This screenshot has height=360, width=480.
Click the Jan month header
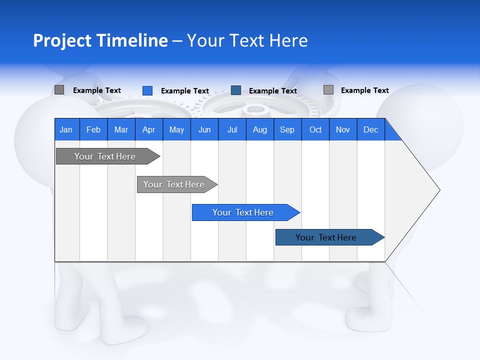pyautogui.click(x=66, y=129)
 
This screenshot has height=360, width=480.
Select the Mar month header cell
pyautogui.click(x=121, y=129)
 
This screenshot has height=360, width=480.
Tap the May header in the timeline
pyautogui.click(x=176, y=129)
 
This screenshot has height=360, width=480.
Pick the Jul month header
pyautogui.click(x=232, y=129)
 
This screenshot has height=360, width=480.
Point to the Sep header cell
pyautogui.click(x=287, y=129)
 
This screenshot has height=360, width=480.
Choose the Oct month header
pyautogui.click(x=315, y=129)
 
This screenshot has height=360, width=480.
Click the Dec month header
pyautogui.click(x=370, y=129)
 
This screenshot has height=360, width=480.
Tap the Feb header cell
pyautogui.click(x=93, y=129)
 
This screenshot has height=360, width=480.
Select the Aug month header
pyautogui.click(x=259, y=129)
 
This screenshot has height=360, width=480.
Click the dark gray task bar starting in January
pyautogui.click(x=105, y=156)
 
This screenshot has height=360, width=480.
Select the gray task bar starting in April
pyautogui.click(x=174, y=184)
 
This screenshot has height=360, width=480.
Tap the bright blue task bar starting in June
pyautogui.click(x=243, y=212)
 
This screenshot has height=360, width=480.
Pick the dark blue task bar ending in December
pyautogui.click(x=326, y=237)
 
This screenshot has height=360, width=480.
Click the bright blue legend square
pyautogui.click(x=147, y=90)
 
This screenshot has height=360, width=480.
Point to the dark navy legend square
pyautogui.click(x=236, y=90)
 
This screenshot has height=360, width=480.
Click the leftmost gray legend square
pyautogui.click(x=59, y=90)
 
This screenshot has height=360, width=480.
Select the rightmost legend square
pyautogui.click(x=328, y=90)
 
